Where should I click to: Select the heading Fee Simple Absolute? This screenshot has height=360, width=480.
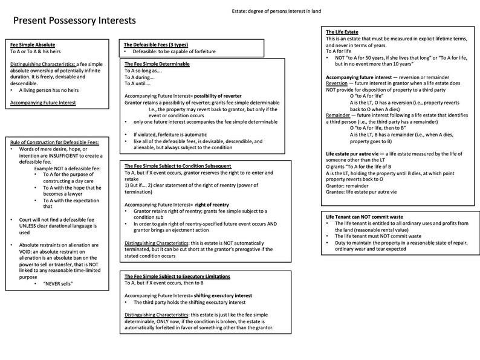(31, 45)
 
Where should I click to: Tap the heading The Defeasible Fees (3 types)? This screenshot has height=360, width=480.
(154, 45)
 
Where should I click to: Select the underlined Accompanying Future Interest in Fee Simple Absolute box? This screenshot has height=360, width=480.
(43, 103)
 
